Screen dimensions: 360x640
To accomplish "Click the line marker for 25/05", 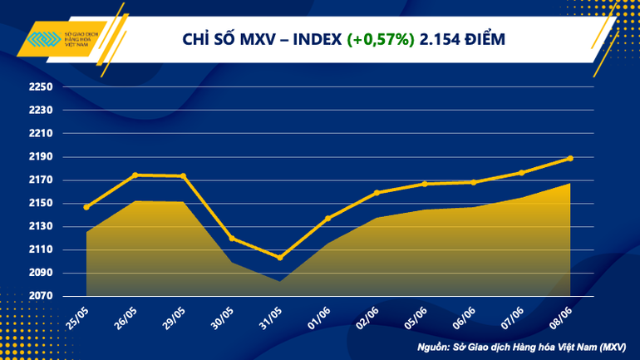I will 86,207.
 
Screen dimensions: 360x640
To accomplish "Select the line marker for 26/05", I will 135,175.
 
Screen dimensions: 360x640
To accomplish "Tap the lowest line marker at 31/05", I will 280,258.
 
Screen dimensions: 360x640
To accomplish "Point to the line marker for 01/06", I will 328,219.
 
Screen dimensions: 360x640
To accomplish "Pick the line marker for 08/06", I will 570,158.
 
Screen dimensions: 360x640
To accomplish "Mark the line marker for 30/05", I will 231,239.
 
